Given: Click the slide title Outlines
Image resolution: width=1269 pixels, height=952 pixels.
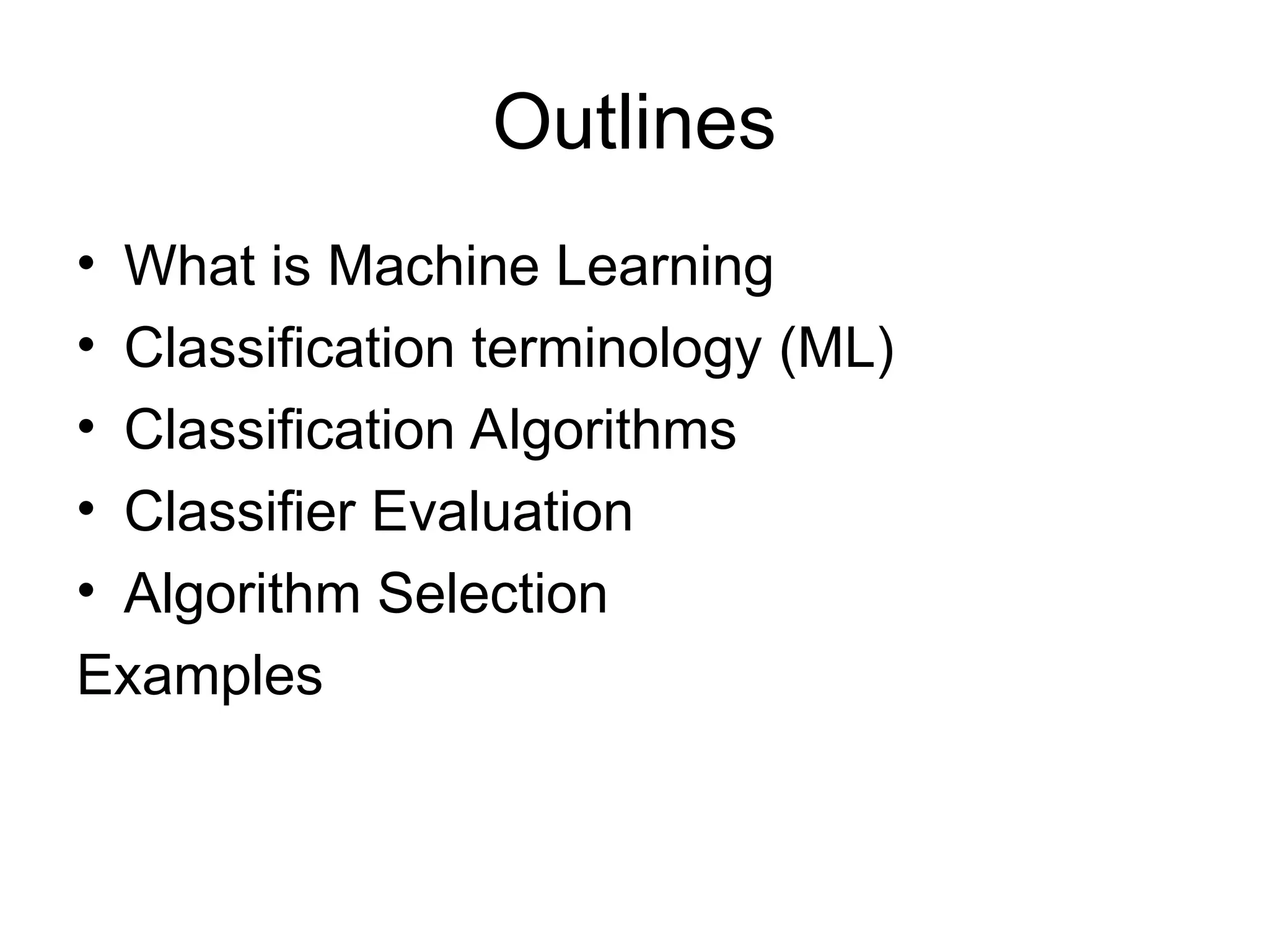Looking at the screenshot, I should click(633, 122).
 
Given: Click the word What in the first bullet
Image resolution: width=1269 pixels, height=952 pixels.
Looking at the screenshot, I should click(190, 267).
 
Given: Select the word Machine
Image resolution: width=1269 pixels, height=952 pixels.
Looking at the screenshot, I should click(433, 267).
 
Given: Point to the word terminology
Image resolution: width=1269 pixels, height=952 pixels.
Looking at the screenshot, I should click(615, 350).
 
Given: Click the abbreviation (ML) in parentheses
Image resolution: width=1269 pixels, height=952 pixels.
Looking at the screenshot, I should click(836, 348).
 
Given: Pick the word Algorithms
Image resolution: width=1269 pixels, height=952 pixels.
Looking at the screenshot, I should click(602, 431).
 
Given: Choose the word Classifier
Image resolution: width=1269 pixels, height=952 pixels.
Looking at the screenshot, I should click(240, 512).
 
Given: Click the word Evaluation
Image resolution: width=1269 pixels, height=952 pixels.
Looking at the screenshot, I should click(502, 512).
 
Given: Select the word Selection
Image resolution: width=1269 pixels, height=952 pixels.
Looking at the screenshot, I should click(493, 594).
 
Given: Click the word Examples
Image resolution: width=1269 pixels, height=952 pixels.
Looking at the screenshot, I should click(200, 676).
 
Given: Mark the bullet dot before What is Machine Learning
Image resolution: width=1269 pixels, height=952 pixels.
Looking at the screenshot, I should click(86, 262).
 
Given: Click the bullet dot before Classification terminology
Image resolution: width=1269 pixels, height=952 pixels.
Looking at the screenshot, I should click(86, 343).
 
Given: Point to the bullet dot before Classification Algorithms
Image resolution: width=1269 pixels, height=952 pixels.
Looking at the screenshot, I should click(86, 425).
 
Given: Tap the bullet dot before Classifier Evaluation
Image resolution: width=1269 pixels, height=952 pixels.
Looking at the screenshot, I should click(86, 508).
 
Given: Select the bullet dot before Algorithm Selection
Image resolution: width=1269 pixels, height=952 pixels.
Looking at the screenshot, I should click(86, 589).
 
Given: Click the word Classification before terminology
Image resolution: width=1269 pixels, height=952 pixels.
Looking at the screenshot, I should click(289, 348).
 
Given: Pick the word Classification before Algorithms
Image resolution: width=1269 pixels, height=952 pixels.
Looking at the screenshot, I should click(289, 430).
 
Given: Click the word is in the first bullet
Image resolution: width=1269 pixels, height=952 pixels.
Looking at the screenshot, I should click(291, 267).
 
